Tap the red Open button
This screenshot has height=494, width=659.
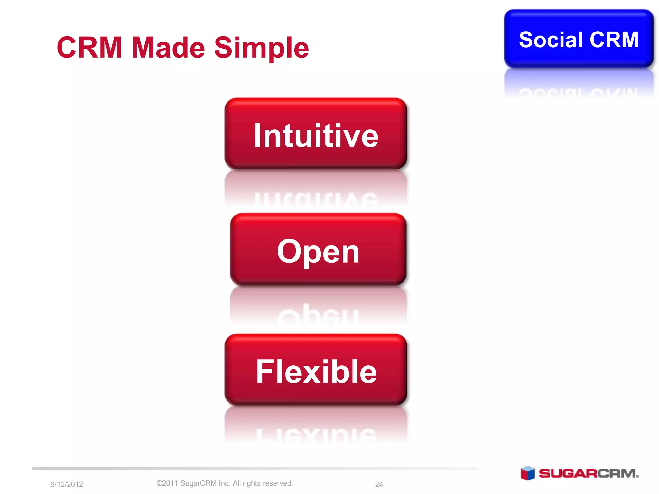click(318, 250)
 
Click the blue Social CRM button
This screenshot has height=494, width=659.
click(579, 39)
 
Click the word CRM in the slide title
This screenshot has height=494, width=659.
click(89, 48)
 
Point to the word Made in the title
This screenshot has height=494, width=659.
click(168, 48)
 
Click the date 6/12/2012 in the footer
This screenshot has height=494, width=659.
click(67, 484)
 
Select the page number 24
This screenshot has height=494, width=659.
click(379, 484)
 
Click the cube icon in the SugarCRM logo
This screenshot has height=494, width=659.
click(527, 473)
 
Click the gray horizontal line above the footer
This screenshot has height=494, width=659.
click(254, 469)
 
